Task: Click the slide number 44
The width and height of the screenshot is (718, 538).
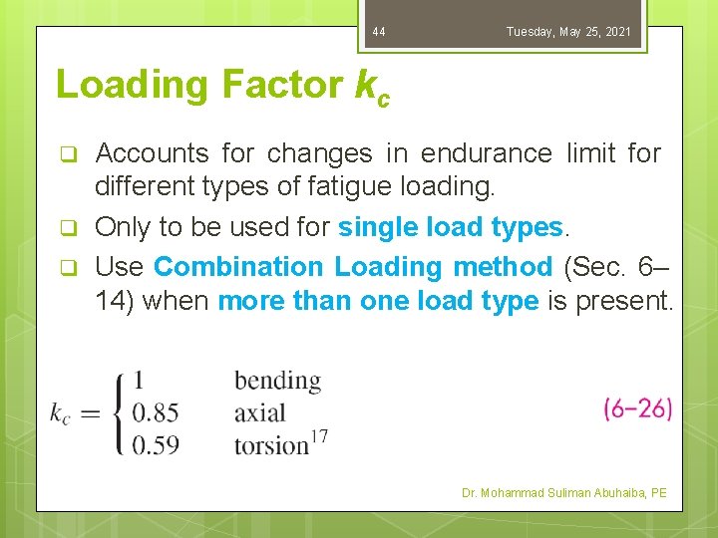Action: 378,33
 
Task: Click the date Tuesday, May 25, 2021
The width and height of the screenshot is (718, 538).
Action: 568,33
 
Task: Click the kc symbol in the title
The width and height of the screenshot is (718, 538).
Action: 372,88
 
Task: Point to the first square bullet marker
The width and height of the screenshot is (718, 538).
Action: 69,154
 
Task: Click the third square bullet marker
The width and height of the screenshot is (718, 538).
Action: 69,267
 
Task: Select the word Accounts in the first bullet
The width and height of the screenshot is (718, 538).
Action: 152,153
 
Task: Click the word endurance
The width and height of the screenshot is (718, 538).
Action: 487,153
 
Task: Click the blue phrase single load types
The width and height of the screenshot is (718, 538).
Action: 451,227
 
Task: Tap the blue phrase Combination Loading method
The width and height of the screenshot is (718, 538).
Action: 352,267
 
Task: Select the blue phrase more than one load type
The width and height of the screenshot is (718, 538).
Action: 378,301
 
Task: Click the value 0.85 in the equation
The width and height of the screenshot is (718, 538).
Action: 157,412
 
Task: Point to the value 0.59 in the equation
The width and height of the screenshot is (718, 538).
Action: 157,444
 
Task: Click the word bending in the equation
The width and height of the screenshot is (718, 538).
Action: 277,381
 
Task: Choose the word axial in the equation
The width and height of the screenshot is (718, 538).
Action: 259,412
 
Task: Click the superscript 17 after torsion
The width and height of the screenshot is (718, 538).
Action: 319,435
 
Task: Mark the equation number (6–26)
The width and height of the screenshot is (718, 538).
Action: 637,408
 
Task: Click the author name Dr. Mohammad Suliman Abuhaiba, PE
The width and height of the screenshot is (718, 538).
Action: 565,493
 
